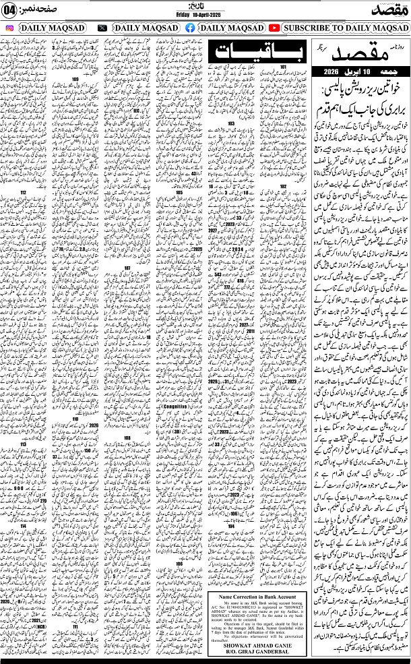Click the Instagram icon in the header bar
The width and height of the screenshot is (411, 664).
coord(9,28)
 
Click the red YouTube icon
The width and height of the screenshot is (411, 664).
coord(274,28)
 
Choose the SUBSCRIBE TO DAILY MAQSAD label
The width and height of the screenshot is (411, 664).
coord(344,28)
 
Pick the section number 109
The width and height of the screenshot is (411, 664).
coord(75,80)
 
